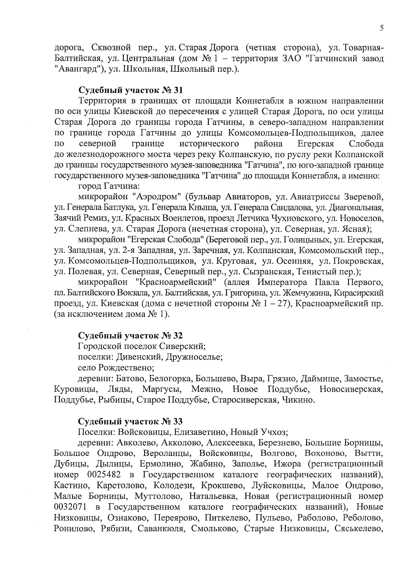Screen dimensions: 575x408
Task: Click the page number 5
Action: pyautogui.click(x=382, y=28)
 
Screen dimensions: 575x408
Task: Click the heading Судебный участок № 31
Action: pyautogui.click(x=131, y=90)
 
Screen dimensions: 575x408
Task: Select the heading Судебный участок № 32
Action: pyautogui.click(x=131, y=336)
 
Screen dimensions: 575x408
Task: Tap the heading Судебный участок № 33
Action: pyautogui.click(x=131, y=421)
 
